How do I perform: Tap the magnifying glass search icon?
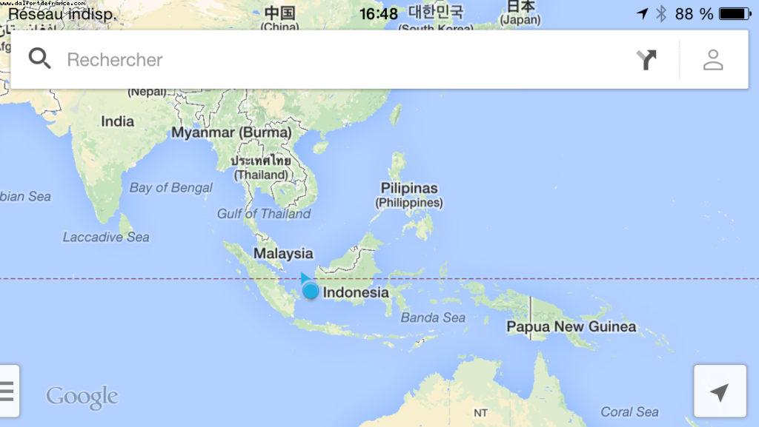(x=40, y=58)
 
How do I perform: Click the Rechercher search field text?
(x=115, y=60)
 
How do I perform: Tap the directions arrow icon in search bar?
(x=647, y=59)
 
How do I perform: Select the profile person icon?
(x=713, y=59)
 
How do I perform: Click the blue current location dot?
(x=311, y=291)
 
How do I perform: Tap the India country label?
(x=118, y=121)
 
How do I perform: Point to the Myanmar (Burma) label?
(x=231, y=132)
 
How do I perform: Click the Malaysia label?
(x=283, y=254)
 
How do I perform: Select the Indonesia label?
(x=356, y=292)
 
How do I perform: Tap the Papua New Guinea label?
(x=571, y=326)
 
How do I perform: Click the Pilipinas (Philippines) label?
(x=409, y=195)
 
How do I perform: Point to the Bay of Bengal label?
(x=170, y=187)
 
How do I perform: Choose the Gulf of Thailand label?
(x=264, y=214)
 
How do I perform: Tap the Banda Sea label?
(x=433, y=317)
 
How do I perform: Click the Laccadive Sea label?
(x=106, y=237)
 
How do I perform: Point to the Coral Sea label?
(x=629, y=411)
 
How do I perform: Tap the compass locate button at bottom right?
(x=719, y=392)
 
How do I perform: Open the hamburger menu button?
(x=7, y=390)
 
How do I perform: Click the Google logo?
(x=82, y=397)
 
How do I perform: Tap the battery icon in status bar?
(x=734, y=13)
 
